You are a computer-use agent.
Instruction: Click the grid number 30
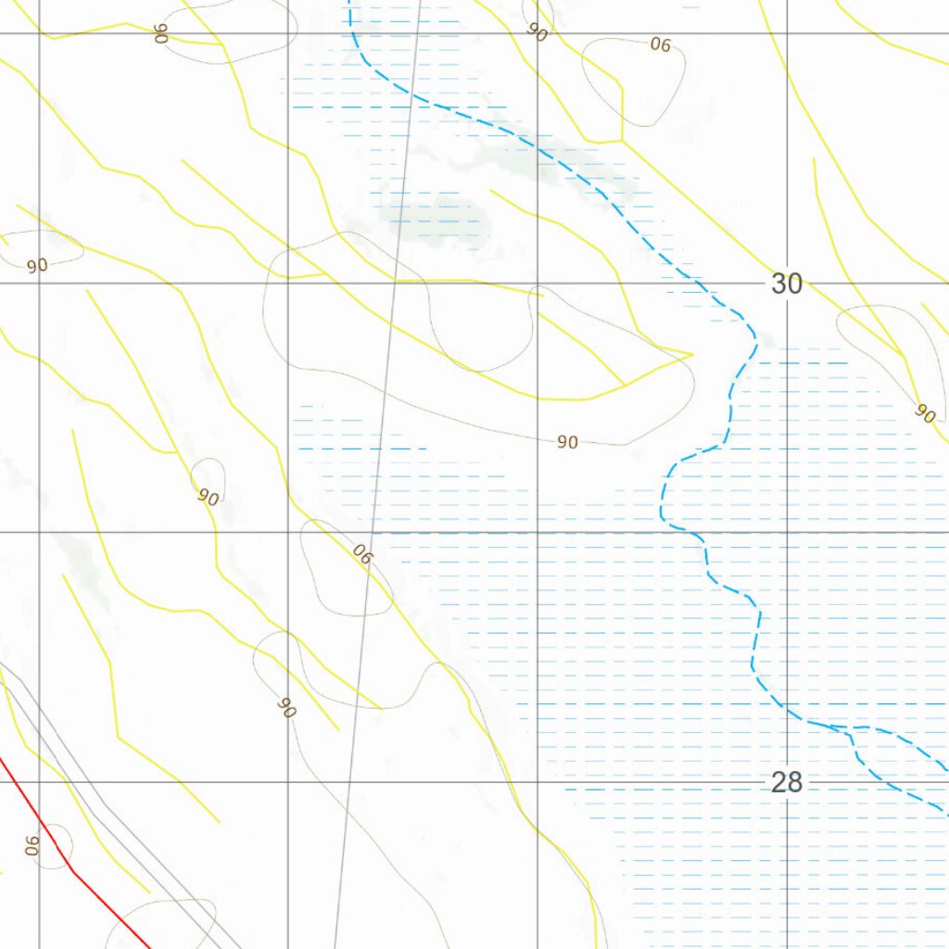(786, 284)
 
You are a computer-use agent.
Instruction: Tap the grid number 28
(786, 783)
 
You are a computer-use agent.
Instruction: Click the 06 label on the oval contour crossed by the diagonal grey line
(362, 555)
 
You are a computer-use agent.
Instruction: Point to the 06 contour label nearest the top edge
(660, 44)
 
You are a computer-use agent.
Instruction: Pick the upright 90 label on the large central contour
(568, 443)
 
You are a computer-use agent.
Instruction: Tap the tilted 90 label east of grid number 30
(924, 413)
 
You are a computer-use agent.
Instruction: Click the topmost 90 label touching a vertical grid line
(537, 31)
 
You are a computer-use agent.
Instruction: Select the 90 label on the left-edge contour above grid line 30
(37, 266)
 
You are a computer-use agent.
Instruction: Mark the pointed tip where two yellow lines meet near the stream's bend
(692, 353)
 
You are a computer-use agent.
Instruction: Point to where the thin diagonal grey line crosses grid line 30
(395, 283)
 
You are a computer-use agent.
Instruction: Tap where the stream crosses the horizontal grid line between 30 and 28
(695, 533)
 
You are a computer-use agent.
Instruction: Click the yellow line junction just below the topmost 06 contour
(621, 141)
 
